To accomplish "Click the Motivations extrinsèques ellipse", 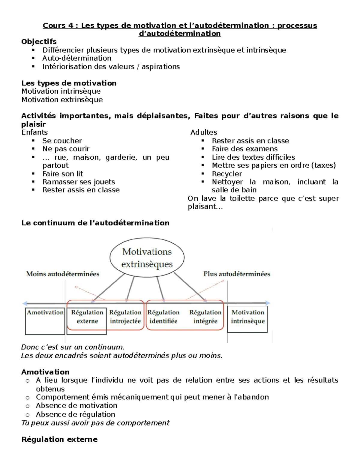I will [x=147, y=258].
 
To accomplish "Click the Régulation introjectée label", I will [x=125, y=317].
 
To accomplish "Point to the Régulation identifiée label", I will [x=163, y=317].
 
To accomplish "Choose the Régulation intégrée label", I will [x=205, y=317].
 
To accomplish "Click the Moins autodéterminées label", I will [x=63, y=274].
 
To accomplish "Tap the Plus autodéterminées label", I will [x=237, y=274].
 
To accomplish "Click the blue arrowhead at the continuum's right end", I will [x=268, y=303].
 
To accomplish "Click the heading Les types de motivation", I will [x=69, y=83].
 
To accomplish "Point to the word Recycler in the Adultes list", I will [x=226, y=174].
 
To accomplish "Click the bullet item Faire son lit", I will [x=63, y=174].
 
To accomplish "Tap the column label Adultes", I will [x=204, y=132].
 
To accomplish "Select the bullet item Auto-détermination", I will [x=77, y=58].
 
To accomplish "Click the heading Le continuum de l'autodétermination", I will [x=95, y=223].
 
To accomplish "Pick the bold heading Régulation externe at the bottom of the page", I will [x=59, y=440].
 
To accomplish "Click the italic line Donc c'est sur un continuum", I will [x=73, y=347].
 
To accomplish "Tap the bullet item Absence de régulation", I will [x=75, y=414].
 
